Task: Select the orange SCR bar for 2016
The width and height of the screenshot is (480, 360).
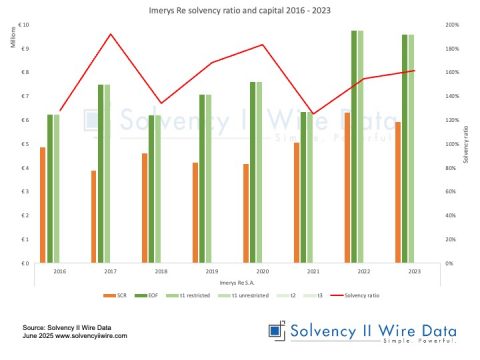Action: click(x=42, y=205)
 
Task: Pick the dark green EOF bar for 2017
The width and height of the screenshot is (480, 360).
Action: click(x=101, y=174)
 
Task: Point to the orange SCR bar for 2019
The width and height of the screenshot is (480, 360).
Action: click(x=195, y=213)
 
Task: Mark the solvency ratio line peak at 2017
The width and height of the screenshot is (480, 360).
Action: click(x=110, y=34)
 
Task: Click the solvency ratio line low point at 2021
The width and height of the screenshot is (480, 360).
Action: click(x=313, y=114)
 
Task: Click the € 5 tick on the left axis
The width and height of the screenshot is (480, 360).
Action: click(x=24, y=144)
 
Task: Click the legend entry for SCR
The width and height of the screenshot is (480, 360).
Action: click(x=116, y=297)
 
